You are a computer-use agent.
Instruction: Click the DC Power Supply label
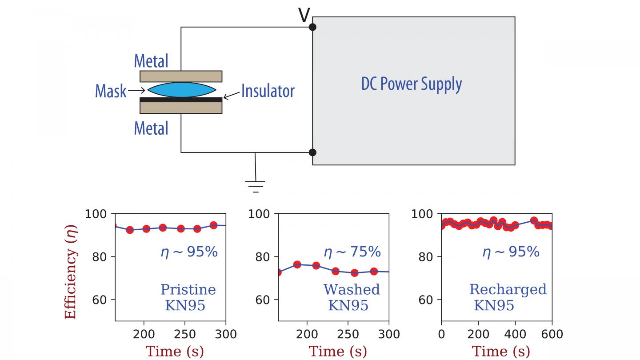pos(411,84)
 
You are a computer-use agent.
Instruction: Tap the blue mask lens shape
pos(181,89)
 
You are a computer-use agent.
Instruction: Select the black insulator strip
pos(181,100)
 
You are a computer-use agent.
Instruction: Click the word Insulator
pos(268,91)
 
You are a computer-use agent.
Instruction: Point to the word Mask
pos(111,91)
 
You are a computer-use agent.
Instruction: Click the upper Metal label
pos(151,61)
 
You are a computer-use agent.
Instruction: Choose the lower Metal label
pos(151,128)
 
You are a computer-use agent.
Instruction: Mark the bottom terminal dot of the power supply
pos(312,152)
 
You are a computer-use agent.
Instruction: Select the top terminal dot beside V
pos(312,27)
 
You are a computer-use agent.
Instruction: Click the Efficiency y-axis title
pos(71,272)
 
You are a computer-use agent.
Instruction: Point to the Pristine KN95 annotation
pos(188,297)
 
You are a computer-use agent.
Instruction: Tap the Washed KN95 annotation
pos(352,297)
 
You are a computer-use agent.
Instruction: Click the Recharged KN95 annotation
pos(508,297)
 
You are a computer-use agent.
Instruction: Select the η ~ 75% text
pos(352,252)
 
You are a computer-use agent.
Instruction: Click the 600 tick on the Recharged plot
pos(552,334)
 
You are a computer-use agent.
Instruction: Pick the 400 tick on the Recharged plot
pos(515,334)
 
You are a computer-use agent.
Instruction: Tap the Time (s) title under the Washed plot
pos(338,351)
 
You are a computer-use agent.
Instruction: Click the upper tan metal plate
pos(181,76)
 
